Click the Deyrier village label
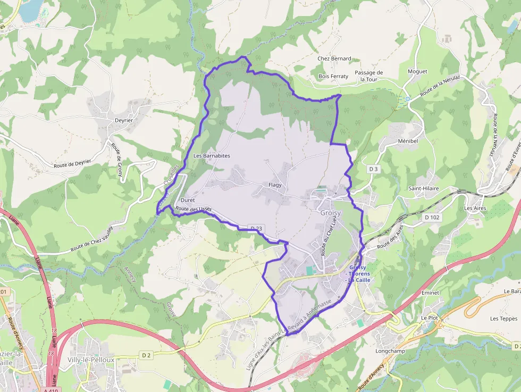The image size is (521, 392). pos(124,120)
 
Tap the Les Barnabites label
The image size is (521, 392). pos(212,156)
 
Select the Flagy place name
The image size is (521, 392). pos(275,185)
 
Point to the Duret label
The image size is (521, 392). pos(188,200)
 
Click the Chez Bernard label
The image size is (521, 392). pos(334,59)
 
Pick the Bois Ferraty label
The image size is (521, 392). pos(333,76)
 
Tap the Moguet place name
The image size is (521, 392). pos(417,71)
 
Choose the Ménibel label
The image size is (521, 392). pos(408,141)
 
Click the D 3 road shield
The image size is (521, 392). pos(374,169)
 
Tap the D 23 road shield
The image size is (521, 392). pos(256,229)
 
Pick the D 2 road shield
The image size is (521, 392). pos(147,355)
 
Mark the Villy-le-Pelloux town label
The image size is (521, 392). pos(91,360)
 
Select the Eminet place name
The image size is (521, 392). pos(430,293)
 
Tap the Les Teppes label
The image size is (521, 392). pos(504,319)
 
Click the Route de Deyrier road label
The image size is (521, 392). pos(72,164)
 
